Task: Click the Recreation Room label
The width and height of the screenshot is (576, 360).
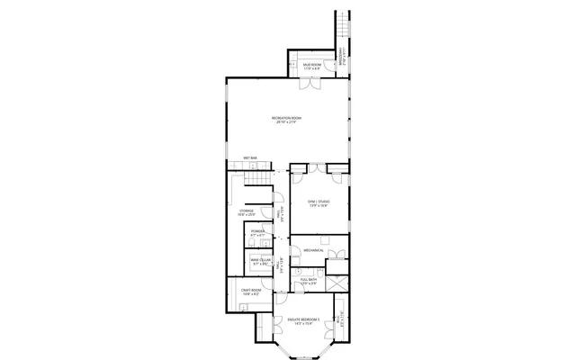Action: tap(286, 120)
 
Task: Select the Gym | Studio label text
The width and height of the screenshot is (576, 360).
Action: tap(318, 203)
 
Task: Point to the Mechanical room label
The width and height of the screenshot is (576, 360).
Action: tap(313, 249)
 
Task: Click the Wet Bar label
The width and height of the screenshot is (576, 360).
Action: tap(250, 160)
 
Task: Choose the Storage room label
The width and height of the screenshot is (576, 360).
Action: tap(247, 214)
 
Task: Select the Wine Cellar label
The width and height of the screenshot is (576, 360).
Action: tap(261, 262)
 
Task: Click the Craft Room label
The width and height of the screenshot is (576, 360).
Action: tap(251, 292)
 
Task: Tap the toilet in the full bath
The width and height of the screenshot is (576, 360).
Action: tap(301, 268)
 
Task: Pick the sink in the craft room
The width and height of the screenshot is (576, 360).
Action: tap(244, 305)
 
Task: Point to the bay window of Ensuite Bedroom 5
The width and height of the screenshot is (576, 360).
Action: tap(298, 349)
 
